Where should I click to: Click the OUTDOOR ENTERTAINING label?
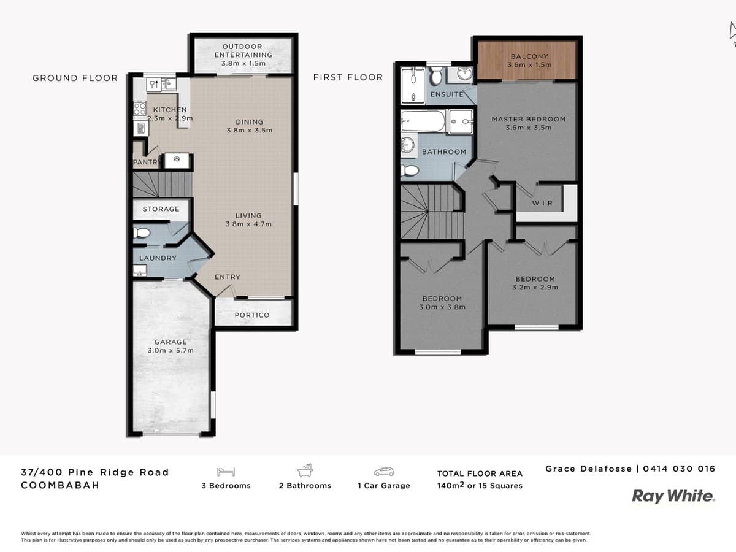243,50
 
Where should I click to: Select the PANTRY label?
147,163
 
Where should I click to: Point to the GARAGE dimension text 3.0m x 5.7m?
171,351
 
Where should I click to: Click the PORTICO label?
252,315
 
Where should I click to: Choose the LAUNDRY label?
158,258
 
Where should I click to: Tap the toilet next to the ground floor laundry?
142,233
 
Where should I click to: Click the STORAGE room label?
161,209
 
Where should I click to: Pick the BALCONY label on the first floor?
529,56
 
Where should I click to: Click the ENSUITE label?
447,94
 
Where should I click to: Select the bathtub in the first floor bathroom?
423,121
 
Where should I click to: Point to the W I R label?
543,203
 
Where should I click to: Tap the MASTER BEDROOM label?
529,119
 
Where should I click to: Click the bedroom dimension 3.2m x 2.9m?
535,288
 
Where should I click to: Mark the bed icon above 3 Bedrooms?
225,472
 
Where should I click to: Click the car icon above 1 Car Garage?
383,472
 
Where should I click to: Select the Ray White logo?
673,496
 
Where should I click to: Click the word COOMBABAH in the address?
60,485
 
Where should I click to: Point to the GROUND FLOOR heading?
75,78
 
